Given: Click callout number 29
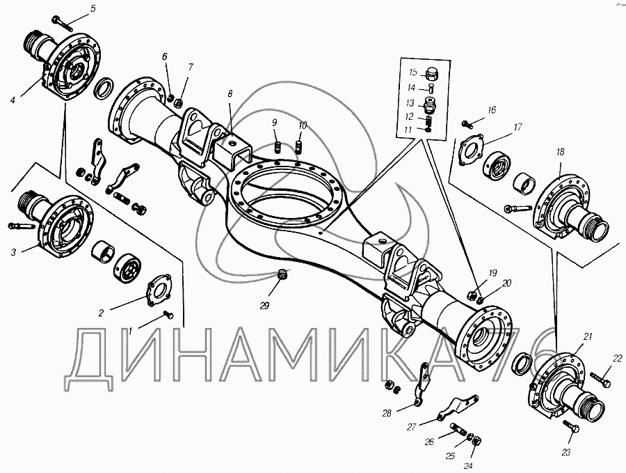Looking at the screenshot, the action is click(x=264, y=306).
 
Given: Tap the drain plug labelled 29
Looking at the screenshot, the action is click(x=282, y=275).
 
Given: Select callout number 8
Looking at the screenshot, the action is click(x=230, y=94).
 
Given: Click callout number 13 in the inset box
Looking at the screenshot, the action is click(x=410, y=103).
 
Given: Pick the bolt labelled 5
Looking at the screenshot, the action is click(x=62, y=23).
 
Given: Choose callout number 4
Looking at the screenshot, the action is click(x=13, y=100).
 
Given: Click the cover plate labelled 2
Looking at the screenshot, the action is click(x=159, y=290).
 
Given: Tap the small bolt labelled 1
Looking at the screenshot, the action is click(x=168, y=316).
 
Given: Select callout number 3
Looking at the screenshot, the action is click(x=13, y=252).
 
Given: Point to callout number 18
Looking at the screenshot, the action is click(x=560, y=152).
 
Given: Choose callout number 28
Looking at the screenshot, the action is click(x=387, y=413).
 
